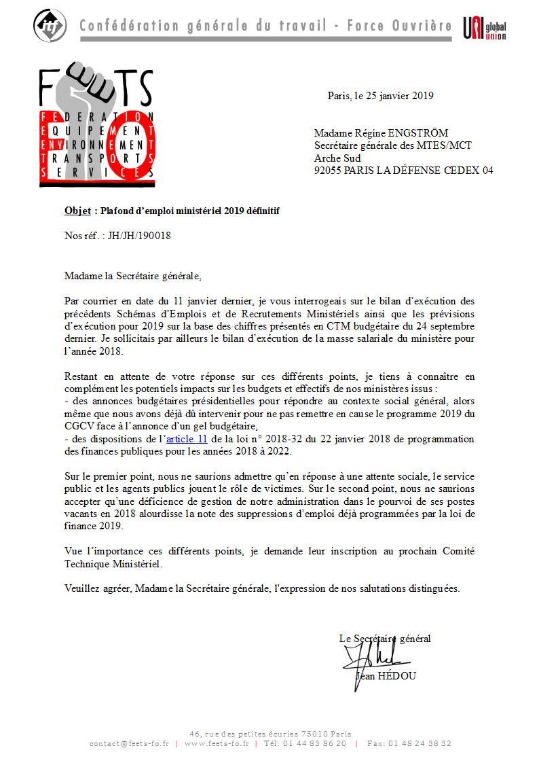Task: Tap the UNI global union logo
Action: [485, 28]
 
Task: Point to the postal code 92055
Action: [328, 171]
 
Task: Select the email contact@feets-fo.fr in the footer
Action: [130, 743]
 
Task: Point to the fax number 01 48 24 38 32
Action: [419, 743]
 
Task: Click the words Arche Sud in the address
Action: [334, 158]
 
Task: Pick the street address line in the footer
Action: [270, 734]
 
